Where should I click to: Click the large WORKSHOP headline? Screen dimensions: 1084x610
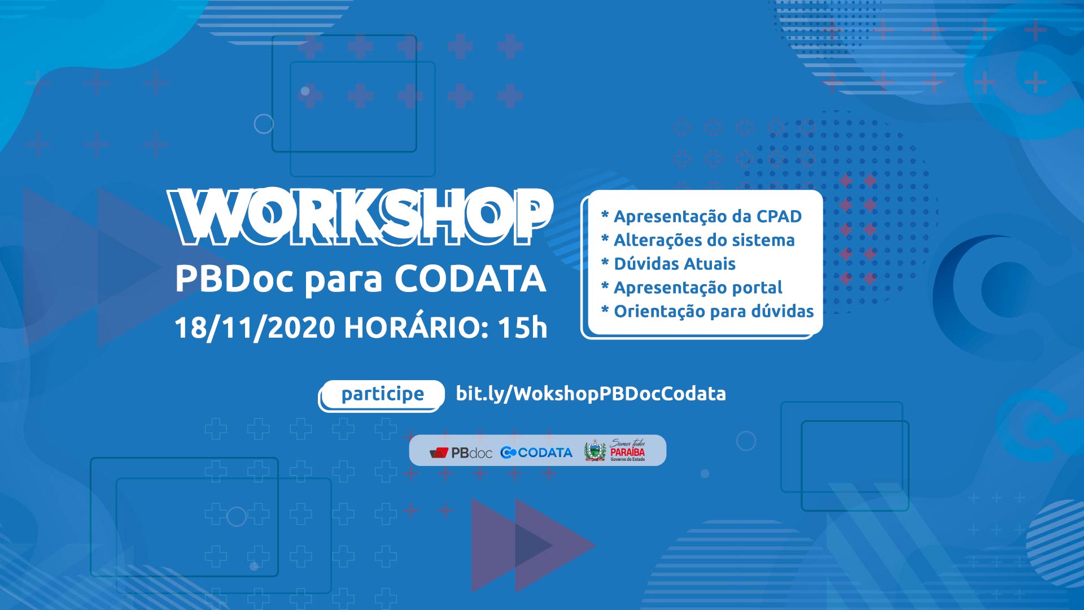(x=360, y=217)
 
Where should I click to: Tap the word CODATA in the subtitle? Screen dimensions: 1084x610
(x=470, y=278)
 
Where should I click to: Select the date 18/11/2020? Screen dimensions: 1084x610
(x=255, y=328)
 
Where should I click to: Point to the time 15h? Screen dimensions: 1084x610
(x=523, y=328)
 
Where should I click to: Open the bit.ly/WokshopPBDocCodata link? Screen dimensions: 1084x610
(x=591, y=394)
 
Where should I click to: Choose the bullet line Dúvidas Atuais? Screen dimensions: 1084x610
(x=668, y=264)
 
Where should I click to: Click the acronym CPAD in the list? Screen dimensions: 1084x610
(x=779, y=216)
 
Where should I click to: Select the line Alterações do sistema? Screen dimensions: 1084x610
(x=698, y=240)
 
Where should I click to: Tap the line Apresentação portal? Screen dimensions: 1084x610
(x=692, y=288)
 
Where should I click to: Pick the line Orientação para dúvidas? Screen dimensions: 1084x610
(x=707, y=312)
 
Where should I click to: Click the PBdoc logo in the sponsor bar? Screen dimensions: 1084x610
(x=461, y=452)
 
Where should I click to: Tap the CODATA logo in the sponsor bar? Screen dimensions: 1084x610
(x=536, y=452)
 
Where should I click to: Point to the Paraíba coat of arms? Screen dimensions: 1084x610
(x=595, y=451)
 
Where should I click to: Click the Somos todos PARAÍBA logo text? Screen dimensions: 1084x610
(x=627, y=450)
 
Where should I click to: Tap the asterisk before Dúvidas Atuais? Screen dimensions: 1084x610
(x=605, y=262)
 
